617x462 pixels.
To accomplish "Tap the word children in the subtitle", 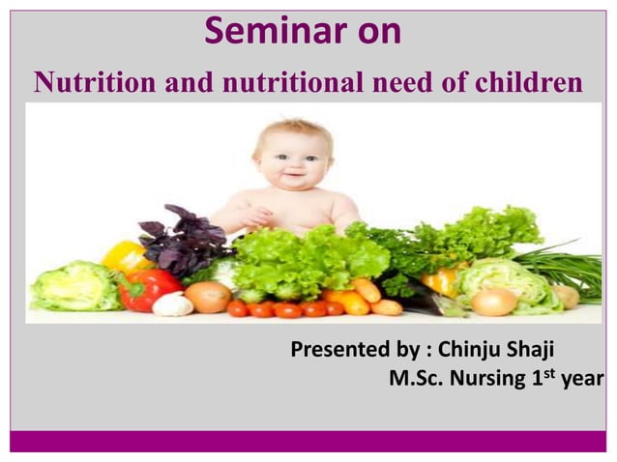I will point(527,84).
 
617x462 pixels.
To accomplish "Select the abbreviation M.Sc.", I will point(417,378).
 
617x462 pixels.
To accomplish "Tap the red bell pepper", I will point(146,289).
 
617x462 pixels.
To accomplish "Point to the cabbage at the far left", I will point(73,286).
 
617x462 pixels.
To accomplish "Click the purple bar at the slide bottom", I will point(308,441).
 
